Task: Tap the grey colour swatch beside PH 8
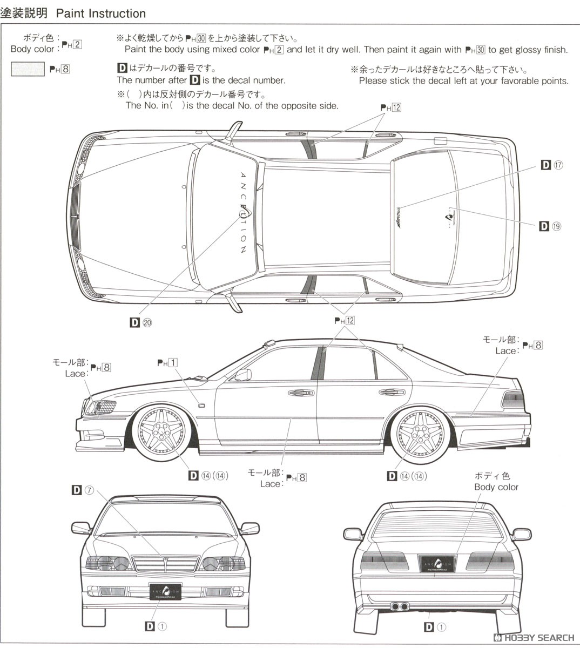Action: (28, 69)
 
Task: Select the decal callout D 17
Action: (552, 165)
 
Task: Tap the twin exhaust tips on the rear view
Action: (400, 606)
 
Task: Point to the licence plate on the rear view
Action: (438, 563)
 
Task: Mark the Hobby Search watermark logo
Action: (535, 638)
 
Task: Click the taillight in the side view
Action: (512, 400)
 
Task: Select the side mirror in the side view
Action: (243, 374)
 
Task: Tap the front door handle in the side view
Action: (297, 393)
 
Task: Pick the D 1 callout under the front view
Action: (156, 626)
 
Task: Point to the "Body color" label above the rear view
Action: (496, 487)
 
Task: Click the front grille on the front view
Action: (165, 565)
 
